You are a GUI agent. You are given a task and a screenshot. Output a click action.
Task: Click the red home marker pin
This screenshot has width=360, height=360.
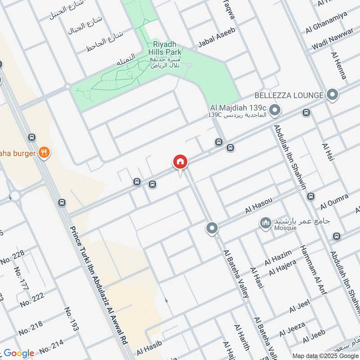pyautogui.click(x=180, y=162)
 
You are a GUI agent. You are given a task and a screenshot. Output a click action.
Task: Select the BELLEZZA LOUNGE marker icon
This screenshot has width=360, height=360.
pyautogui.click(x=333, y=95)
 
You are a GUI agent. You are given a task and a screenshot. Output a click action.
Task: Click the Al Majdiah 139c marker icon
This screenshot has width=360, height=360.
pyautogui.click(x=275, y=109)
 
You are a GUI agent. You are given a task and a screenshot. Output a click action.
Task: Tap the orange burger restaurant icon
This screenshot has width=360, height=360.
pyautogui.click(x=44, y=153)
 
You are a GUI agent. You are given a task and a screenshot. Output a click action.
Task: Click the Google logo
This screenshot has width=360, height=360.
pyautogui.click(x=19, y=353)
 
